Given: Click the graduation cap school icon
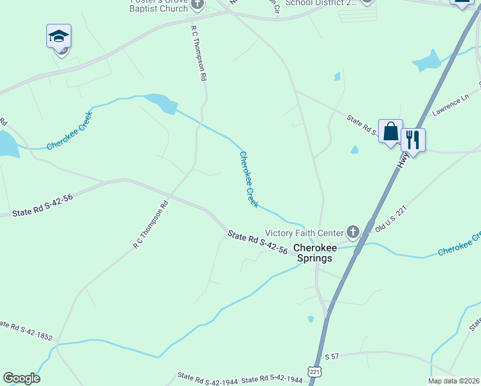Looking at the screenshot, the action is click(x=59, y=37).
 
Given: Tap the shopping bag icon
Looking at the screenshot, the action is click(x=390, y=131).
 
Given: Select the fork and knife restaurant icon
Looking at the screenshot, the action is click(x=413, y=138).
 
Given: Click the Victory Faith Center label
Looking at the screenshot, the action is click(x=305, y=233).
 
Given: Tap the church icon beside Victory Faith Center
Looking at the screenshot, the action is click(x=352, y=232).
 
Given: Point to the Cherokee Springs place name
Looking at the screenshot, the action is click(x=313, y=253).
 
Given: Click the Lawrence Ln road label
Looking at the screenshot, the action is click(x=450, y=106).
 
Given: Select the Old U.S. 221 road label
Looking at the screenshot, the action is click(x=392, y=221).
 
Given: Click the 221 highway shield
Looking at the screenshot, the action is click(x=314, y=372).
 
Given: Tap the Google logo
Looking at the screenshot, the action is click(x=21, y=378).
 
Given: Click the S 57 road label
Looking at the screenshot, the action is click(x=331, y=356).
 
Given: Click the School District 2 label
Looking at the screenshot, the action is click(x=320, y=3).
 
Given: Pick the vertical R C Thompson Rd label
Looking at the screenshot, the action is click(x=198, y=53).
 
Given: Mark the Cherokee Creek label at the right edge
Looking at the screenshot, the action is click(x=459, y=244).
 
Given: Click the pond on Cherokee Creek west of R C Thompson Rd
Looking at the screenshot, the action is click(x=162, y=103).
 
